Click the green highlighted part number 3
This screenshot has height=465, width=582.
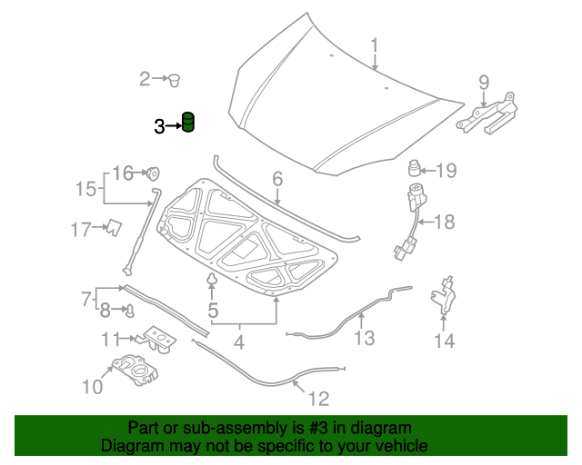coord(189,122)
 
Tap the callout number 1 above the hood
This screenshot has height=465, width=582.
coord(374,45)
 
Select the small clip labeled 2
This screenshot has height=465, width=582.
coord(172,80)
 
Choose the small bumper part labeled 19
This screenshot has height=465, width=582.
coord(414,169)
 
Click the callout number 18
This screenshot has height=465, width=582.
coord(445,221)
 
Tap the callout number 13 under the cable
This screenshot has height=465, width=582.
coord(364,338)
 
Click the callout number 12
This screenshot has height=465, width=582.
coord(317,398)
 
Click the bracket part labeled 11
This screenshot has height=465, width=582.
coord(159,341)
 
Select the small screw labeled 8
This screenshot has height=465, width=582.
coord(129,312)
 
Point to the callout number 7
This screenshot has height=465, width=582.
coord(86,297)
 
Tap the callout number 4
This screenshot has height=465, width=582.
coord(239,343)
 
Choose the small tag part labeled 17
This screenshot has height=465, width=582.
coord(113,228)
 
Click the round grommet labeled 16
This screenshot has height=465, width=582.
coord(153,172)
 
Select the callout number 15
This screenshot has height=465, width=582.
coord(85,189)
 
